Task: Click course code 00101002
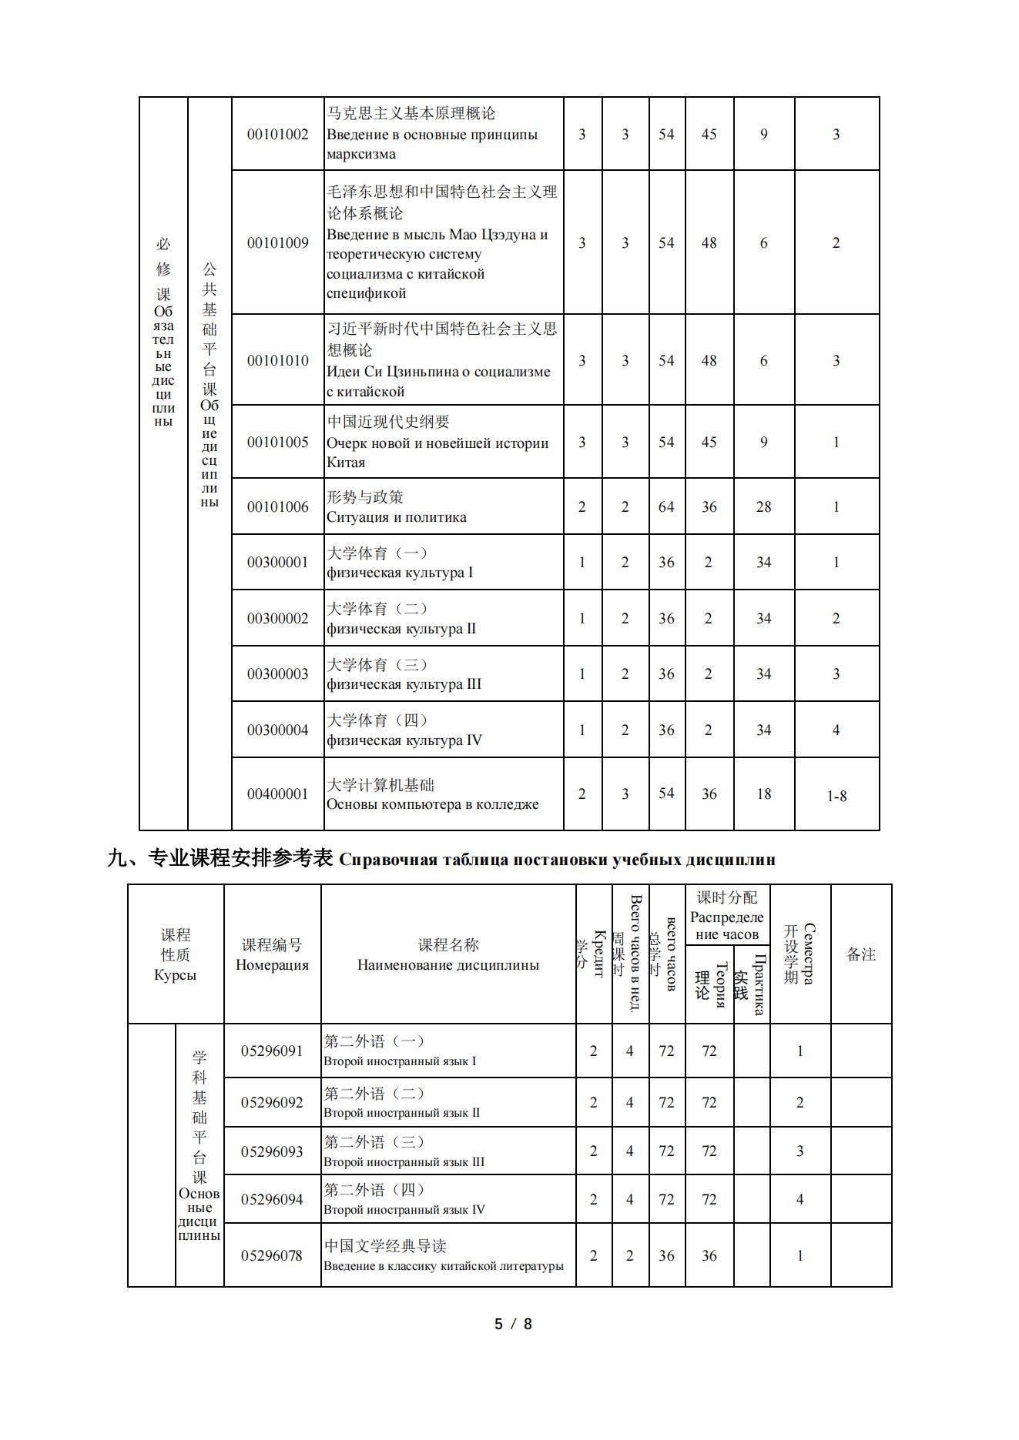277,134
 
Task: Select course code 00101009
277,242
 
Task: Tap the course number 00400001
277,794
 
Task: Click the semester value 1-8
836,796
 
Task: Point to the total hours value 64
666,506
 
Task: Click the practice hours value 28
763,506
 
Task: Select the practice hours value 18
763,794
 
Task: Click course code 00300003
277,673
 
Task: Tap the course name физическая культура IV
404,740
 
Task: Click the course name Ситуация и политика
397,517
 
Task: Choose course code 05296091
272,1051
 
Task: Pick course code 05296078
272,1255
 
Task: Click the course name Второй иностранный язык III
404,1161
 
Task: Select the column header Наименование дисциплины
448,965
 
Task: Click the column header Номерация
272,965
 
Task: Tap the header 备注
861,954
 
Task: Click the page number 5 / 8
513,1324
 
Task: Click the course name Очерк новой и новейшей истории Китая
437,453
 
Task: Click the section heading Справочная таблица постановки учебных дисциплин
557,860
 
